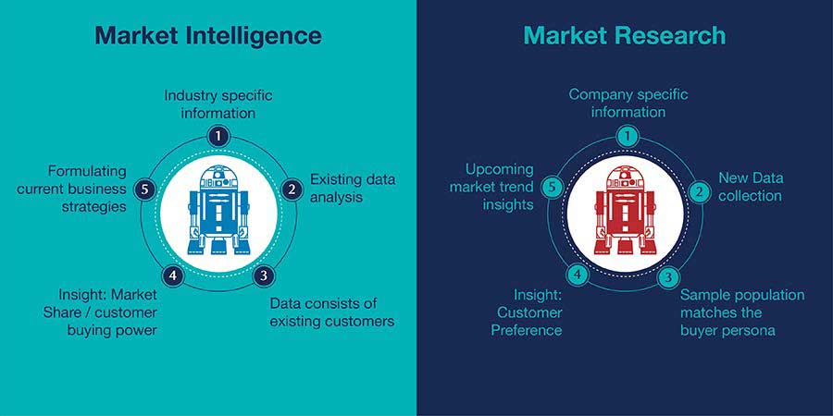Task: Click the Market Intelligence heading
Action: (x=208, y=36)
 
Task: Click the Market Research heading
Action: (x=624, y=35)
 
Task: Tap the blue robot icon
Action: (x=218, y=210)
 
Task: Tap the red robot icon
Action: (x=625, y=210)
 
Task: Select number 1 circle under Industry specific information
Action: (x=218, y=137)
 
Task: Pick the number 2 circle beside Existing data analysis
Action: (x=292, y=190)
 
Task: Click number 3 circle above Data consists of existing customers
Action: (x=263, y=275)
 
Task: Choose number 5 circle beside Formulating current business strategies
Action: (x=144, y=189)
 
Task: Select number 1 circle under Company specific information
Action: (x=628, y=137)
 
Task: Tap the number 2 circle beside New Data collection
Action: (x=699, y=191)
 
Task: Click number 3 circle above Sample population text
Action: (x=668, y=277)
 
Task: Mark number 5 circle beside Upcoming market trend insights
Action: (x=553, y=188)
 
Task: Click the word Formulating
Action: (x=87, y=172)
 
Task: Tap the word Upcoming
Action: (x=500, y=170)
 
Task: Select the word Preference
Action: (x=526, y=329)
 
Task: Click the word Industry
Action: (x=191, y=96)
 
